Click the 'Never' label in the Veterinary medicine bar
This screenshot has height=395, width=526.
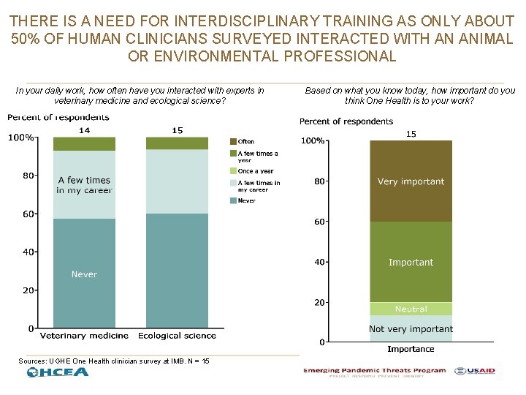tap(84, 274)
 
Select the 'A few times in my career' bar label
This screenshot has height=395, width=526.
tap(84, 185)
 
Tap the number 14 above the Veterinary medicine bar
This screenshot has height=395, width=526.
tap(84, 130)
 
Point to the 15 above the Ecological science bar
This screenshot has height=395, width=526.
tap(178, 130)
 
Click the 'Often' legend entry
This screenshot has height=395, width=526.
tap(246, 141)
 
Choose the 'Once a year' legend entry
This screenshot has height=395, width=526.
tap(255, 171)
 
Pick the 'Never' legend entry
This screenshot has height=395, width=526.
tap(247, 200)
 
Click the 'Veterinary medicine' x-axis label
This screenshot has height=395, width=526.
tap(84, 336)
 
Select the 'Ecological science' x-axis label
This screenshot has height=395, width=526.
tap(178, 336)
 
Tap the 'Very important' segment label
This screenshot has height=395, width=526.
tap(411, 181)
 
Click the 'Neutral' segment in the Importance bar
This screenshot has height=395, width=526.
tap(411, 309)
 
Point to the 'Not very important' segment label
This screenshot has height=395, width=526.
tap(411, 329)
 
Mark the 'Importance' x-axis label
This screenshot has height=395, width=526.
tap(411, 349)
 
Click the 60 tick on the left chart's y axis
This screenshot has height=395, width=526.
tap(27, 214)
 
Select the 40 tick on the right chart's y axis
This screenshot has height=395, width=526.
tap(319, 262)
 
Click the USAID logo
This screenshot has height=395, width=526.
tap(475, 371)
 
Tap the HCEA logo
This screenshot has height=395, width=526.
tap(58, 372)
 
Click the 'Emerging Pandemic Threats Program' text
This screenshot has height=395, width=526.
tap(375, 371)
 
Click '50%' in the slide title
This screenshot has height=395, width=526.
tap(27, 39)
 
